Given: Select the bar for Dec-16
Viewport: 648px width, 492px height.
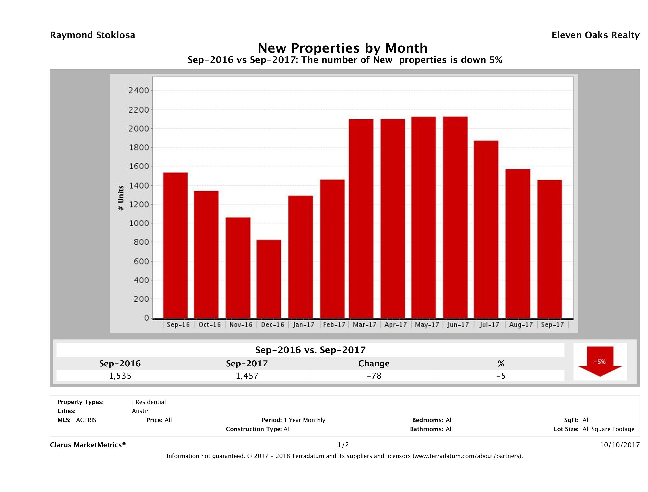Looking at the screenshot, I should (269, 279).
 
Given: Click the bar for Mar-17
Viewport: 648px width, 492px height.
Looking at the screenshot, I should (361, 219).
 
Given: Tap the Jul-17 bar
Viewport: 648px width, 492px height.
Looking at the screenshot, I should (486, 230).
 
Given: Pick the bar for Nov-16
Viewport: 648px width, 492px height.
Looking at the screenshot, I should (238, 268).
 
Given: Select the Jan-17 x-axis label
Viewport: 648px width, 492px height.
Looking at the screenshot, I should (303, 325).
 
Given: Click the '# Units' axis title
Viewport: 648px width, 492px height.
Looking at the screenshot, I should (121, 198).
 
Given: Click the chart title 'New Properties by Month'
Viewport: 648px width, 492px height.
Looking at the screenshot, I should (342, 48).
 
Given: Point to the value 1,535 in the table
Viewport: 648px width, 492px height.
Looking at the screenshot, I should (120, 376).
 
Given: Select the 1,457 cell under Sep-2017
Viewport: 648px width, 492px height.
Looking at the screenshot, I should (247, 376).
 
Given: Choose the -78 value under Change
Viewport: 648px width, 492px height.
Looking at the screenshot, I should (374, 376).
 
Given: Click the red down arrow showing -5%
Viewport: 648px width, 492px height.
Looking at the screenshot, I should (600, 362).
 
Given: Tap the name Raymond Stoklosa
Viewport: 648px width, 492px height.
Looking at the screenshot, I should (93, 35).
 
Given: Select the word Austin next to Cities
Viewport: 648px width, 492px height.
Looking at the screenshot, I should (141, 411).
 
